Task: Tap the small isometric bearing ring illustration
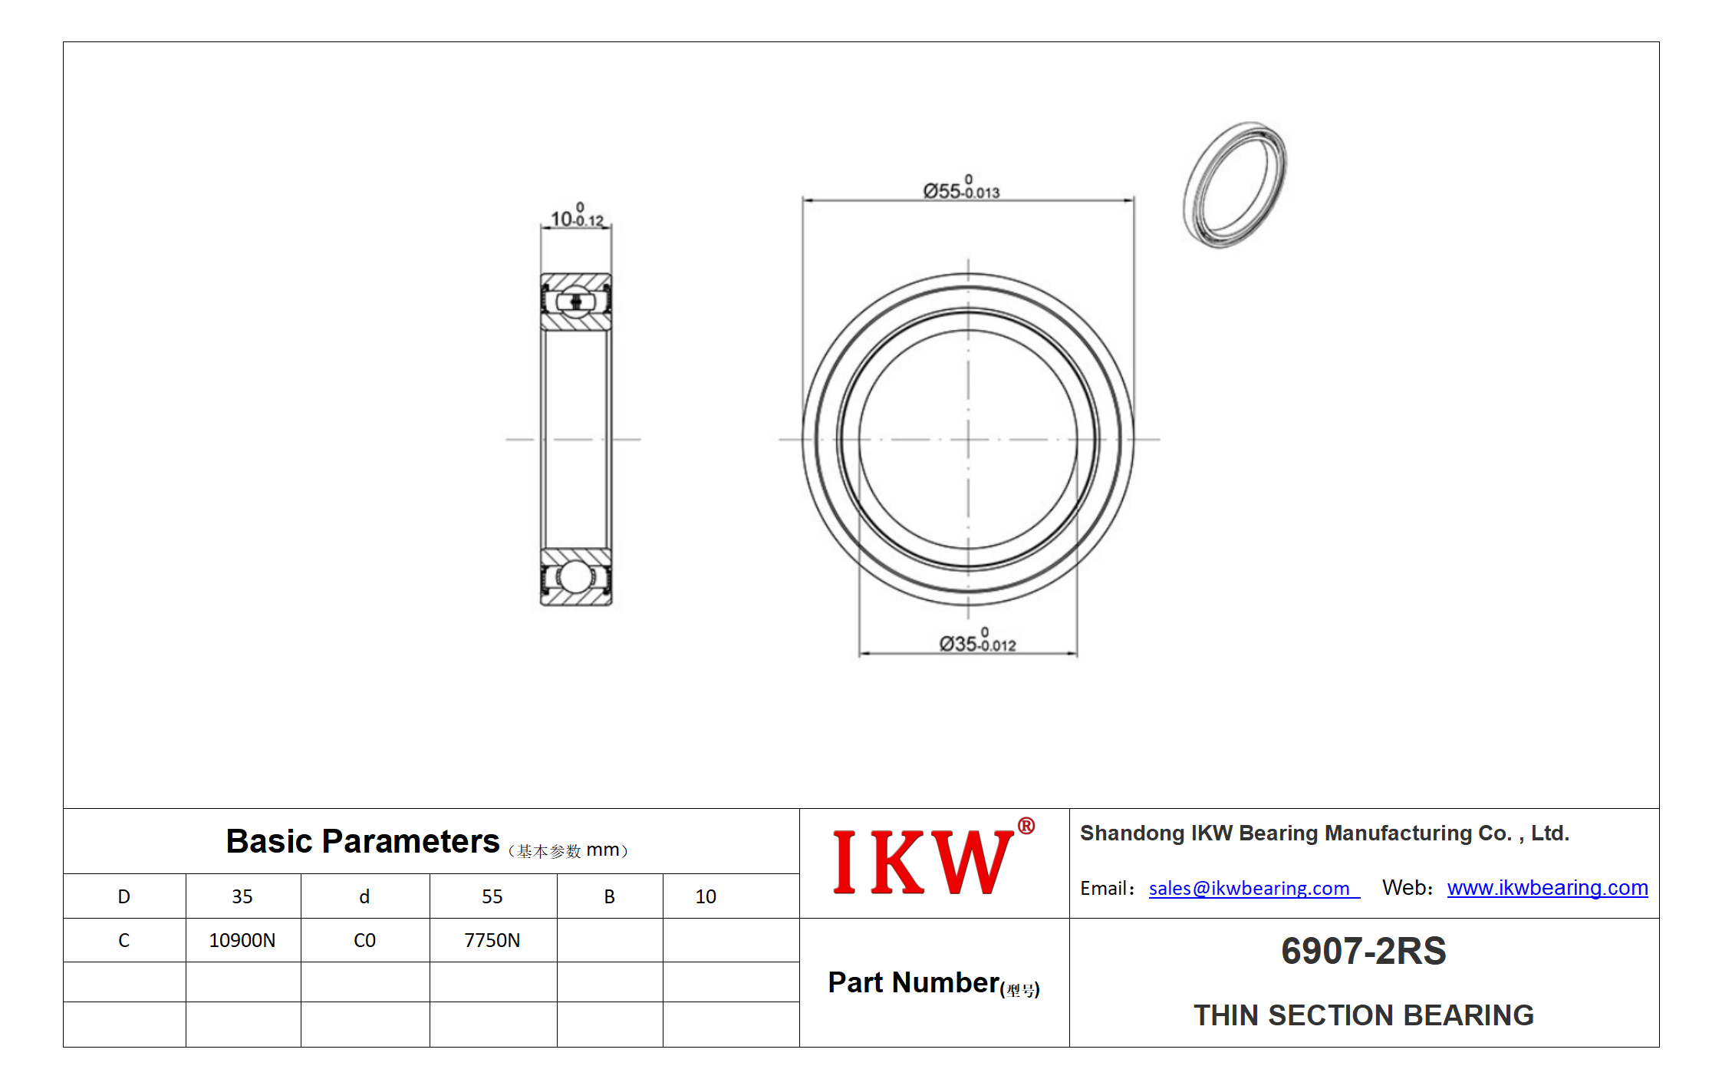click(1235, 184)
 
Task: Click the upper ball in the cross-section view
click(575, 302)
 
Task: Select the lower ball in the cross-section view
click(575, 576)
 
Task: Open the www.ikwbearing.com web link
click(1547, 887)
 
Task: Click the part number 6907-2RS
click(1363, 951)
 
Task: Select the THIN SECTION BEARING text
click(1363, 1015)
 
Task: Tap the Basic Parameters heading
click(362, 841)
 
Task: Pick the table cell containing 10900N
click(243, 940)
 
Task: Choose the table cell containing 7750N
click(493, 940)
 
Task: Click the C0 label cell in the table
click(365, 940)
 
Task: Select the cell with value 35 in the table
click(243, 896)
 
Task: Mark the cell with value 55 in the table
click(493, 896)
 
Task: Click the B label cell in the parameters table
click(610, 896)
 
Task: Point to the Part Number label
click(933, 983)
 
